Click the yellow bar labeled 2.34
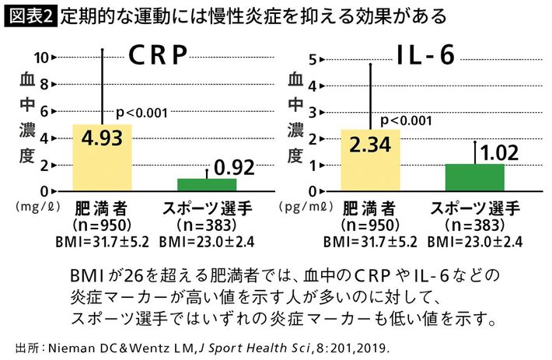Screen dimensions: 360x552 tap(370, 160)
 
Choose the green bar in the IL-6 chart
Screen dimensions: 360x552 tap(474, 177)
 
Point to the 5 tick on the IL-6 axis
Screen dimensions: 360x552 tap(311, 59)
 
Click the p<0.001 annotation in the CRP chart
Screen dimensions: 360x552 tap(141, 113)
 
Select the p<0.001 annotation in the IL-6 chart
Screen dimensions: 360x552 tap(406, 120)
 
